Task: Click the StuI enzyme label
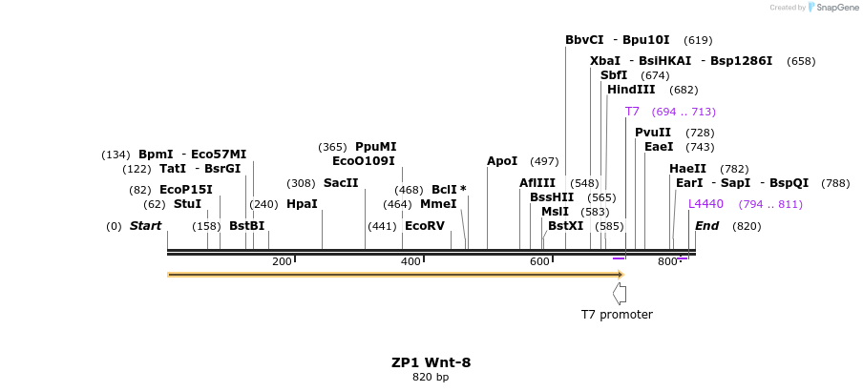click(x=187, y=204)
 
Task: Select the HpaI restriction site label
click(x=302, y=204)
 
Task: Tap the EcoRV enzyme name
click(x=425, y=227)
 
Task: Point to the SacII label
click(x=341, y=183)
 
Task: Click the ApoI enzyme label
click(x=502, y=161)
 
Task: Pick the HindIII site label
click(x=631, y=90)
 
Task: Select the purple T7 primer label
click(x=632, y=112)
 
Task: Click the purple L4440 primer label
click(x=706, y=204)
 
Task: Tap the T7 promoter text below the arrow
click(x=617, y=315)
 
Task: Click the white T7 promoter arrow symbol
click(x=620, y=293)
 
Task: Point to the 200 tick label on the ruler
click(x=282, y=262)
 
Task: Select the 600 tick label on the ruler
click(x=539, y=262)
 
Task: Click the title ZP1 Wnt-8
click(x=431, y=362)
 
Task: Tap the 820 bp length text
click(x=431, y=378)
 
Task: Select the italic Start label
click(x=145, y=226)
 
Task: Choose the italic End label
click(x=706, y=226)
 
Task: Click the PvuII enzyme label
click(x=653, y=133)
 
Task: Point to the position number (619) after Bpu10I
click(x=698, y=40)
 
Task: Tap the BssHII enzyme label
click(x=552, y=197)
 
